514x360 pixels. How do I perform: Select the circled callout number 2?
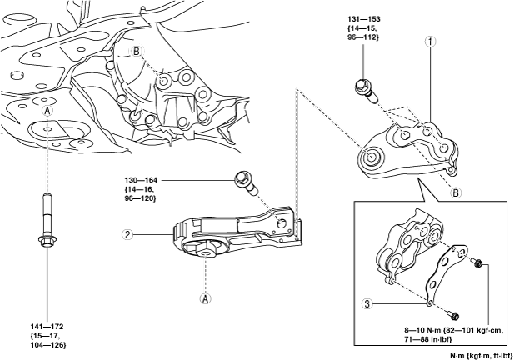(128, 235)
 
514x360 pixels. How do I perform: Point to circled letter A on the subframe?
(48, 112)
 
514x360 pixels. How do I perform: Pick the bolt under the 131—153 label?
(365, 87)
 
